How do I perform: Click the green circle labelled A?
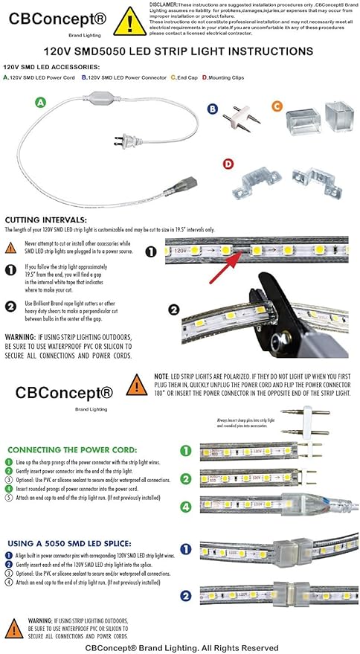click(x=42, y=102)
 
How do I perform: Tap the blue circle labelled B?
click(x=212, y=109)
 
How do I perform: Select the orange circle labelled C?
click(x=277, y=106)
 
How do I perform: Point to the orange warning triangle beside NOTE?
click(x=136, y=385)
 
